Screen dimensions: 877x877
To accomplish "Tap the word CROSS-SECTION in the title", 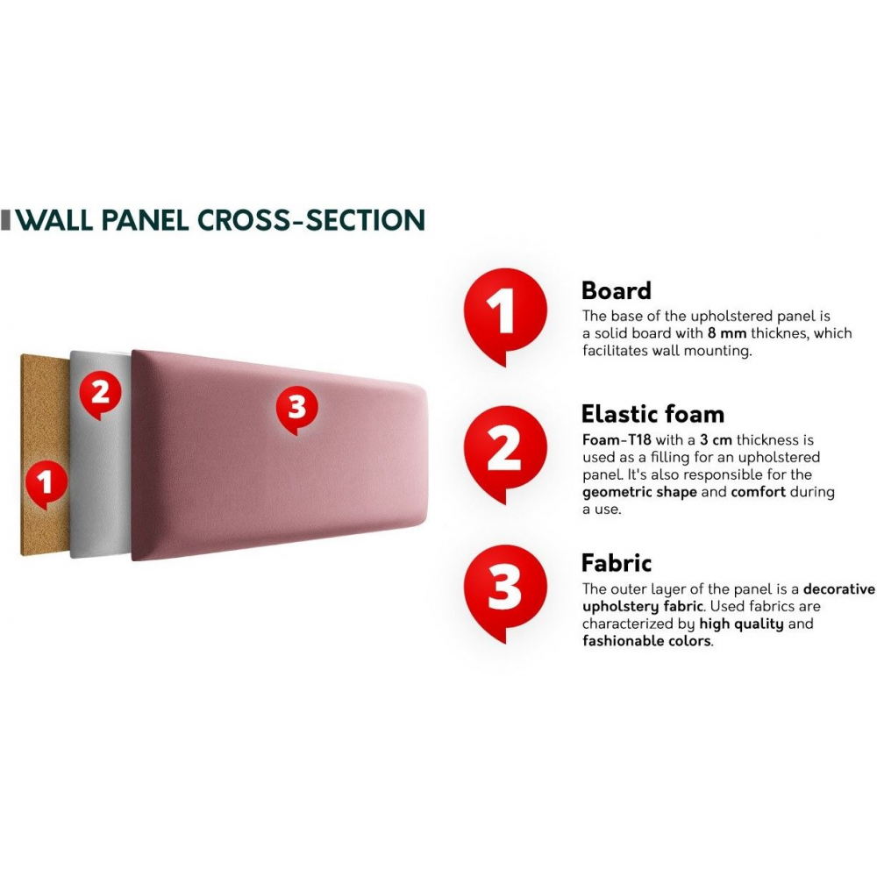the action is pos(311,220).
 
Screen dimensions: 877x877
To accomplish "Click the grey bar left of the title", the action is pos(5,220).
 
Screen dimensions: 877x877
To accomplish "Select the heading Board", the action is pos(617,291).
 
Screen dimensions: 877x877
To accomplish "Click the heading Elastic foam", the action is pos(652,415).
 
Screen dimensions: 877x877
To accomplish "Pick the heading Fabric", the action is pos(617,563).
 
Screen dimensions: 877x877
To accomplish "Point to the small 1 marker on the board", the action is pos(46,484).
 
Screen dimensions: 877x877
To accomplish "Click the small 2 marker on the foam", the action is pos(100,395).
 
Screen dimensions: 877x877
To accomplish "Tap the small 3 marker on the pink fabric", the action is pos(297,409).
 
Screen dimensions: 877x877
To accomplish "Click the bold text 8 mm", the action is pos(726,333).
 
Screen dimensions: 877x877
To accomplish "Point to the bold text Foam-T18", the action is pos(617,439).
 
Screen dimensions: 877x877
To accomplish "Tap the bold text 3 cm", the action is pos(716,439).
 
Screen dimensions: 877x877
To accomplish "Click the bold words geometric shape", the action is pos(639,492).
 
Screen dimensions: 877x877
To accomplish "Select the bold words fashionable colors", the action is pos(646,641).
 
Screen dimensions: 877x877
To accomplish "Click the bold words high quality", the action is pos(741,624).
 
